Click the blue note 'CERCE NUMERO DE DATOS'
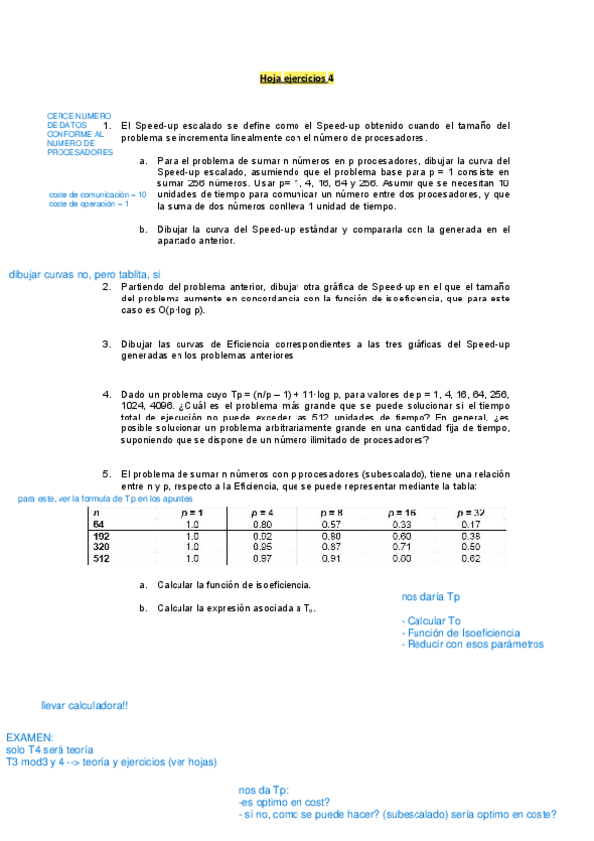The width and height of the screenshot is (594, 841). point(79,121)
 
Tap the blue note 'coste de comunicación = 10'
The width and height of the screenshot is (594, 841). point(97,195)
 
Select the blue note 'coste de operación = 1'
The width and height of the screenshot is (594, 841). point(89,204)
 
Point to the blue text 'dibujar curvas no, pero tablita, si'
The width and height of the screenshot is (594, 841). point(83,274)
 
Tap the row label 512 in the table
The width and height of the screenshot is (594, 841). point(101,558)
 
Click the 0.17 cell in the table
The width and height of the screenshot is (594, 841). point(470,523)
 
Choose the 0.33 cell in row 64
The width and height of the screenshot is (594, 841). point(402,523)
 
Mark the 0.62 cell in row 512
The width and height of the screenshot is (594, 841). point(470,558)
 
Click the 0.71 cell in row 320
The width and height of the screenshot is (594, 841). point(402,546)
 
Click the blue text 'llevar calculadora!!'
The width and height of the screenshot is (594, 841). point(83,705)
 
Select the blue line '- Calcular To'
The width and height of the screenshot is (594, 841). point(431,620)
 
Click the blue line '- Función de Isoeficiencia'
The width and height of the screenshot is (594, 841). point(460,632)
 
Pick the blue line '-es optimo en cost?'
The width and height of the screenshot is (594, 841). point(285,802)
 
